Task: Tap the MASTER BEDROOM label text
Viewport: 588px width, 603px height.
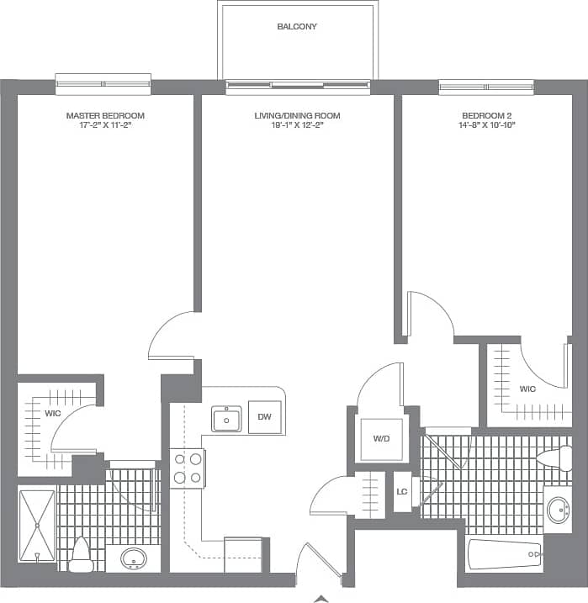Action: pos(105,115)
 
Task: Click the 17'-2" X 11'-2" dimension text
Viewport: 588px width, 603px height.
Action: pos(105,124)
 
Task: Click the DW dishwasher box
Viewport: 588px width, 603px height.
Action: pos(264,417)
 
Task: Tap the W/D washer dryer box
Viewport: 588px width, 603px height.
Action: pos(379,437)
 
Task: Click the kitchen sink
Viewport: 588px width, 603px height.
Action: pos(226,418)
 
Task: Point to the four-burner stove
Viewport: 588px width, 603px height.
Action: pos(188,468)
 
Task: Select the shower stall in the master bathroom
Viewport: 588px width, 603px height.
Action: pos(37,526)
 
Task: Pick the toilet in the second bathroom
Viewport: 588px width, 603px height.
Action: pos(556,458)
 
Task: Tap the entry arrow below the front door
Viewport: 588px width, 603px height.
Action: pos(320,598)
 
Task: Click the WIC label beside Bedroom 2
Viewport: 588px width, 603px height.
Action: pos(527,389)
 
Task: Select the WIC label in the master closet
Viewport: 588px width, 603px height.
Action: pos(54,413)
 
